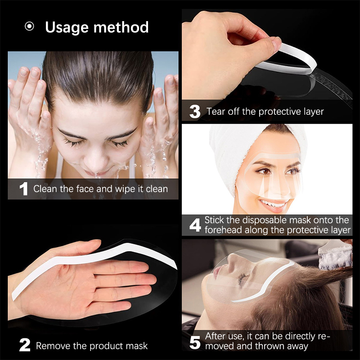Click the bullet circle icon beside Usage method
[x=29, y=27]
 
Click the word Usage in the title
[x=67, y=28]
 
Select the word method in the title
[x=121, y=27]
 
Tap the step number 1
[x=24, y=189]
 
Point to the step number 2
[x=25, y=345]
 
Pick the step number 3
[x=195, y=112]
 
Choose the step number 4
[x=195, y=225]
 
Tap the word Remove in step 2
[x=53, y=346]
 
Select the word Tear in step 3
[x=216, y=112]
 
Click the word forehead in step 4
[x=223, y=230]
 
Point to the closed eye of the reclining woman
[x=242, y=279]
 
